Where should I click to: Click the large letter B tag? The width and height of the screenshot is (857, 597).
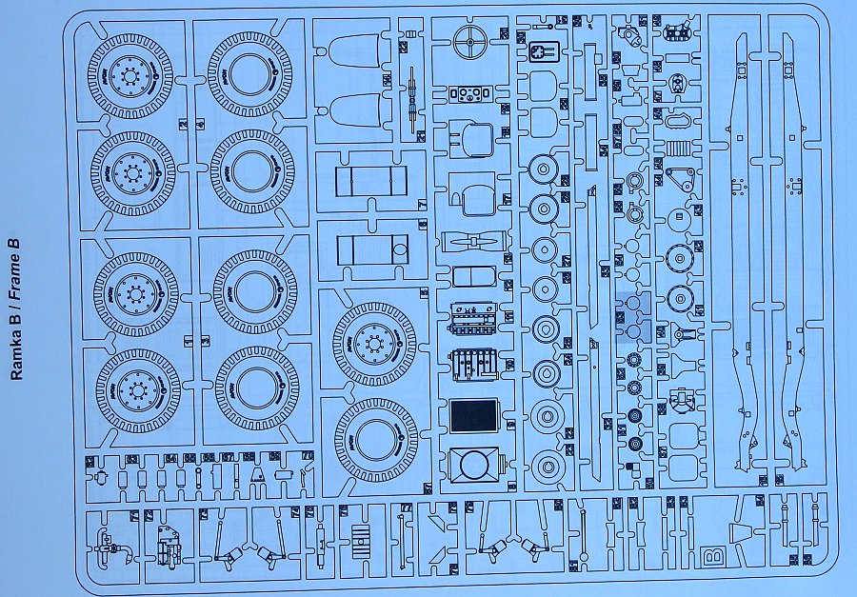[x=710, y=554]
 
